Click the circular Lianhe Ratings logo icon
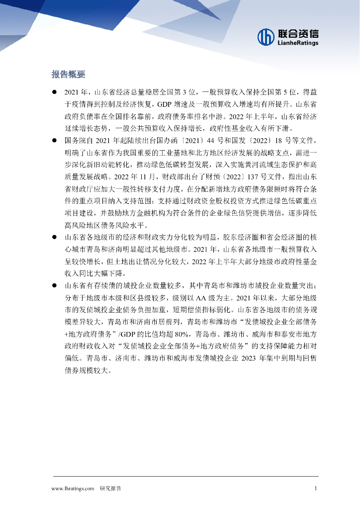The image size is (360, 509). pos(266,36)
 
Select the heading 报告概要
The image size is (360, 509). pos(69,75)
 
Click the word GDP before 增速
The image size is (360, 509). pos(165,105)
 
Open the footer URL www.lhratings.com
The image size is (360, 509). pos(73,489)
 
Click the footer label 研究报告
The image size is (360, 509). pos(110,489)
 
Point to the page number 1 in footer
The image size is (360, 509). pos(316,489)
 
